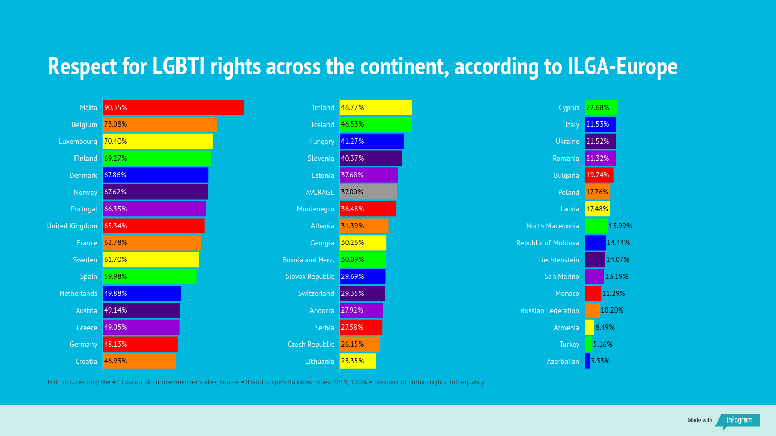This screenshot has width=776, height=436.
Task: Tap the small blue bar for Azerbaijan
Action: (x=587, y=361)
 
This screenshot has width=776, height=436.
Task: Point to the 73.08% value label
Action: (x=115, y=124)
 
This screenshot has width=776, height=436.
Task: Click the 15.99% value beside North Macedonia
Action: (x=620, y=226)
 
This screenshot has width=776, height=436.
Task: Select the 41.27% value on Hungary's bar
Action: (x=352, y=141)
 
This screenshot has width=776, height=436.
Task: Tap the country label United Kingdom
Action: (x=72, y=226)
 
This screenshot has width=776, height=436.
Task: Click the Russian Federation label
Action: (x=549, y=310)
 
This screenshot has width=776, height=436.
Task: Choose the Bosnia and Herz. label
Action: (x=308, y=260)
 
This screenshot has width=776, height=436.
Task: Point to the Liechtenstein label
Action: (x=558, y=260)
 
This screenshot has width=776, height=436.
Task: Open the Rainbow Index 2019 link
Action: (x=318, y=382)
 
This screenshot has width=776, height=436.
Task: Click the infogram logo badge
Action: (x=739, y=421)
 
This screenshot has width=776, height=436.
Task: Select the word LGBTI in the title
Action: (x=178, y=67)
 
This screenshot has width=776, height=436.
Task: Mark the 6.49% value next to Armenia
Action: (x=605, y=328)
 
